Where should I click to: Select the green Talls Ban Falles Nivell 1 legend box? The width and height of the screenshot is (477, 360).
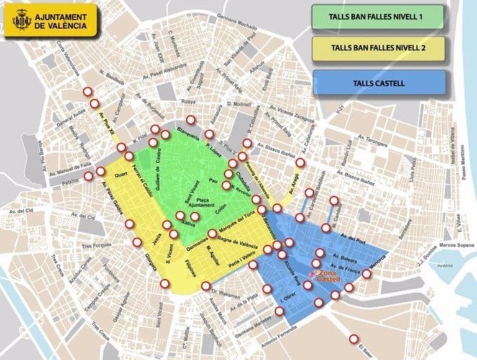pos(378,17)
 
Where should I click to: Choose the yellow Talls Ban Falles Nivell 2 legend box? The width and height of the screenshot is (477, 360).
pos(378,48)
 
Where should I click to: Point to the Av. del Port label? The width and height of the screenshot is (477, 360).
pos(353,235)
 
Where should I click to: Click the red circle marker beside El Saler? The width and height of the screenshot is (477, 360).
pos(354,339)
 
